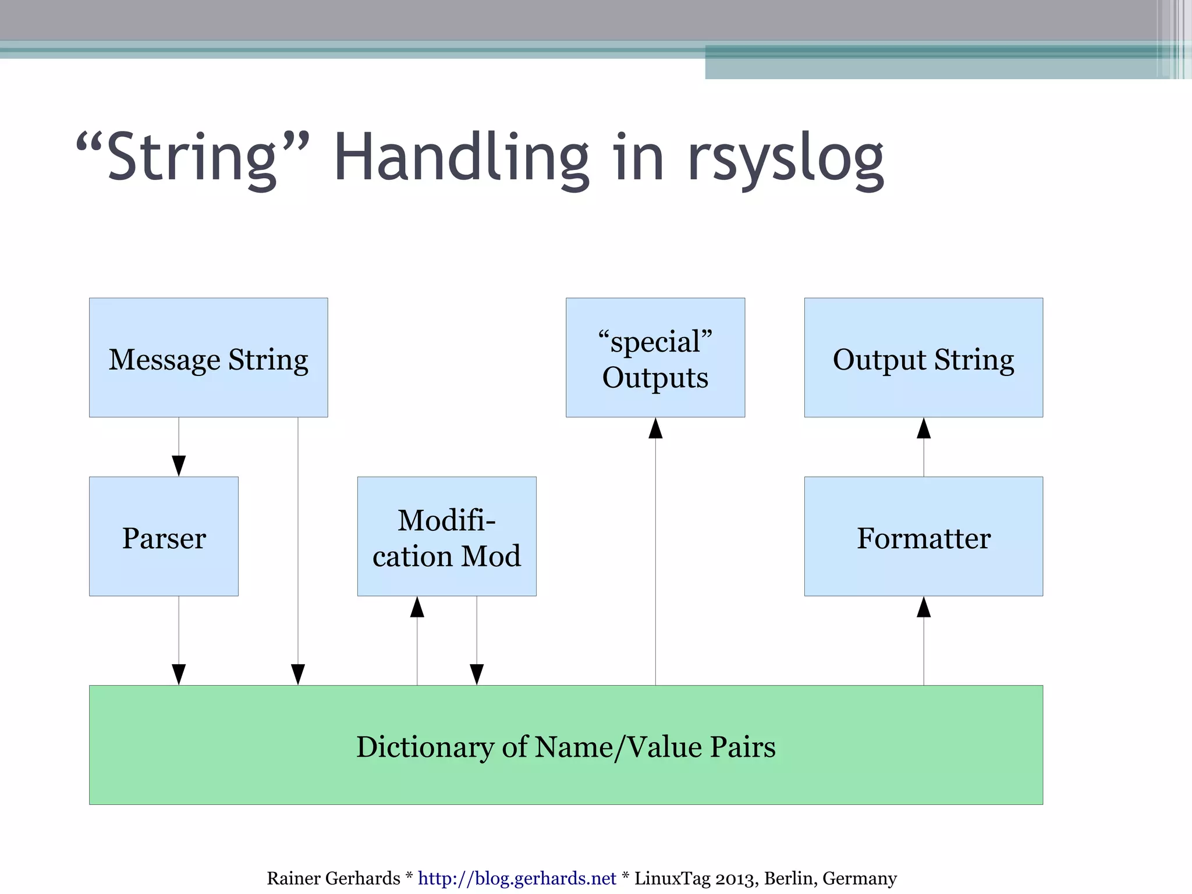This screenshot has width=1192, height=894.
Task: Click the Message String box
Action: pyautogui.click(x=208, y=357)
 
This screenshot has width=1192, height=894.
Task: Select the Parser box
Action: pyautogui.click(x=164, y=536)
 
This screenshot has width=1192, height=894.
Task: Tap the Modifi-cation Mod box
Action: pyautogui.click(x=446, y=536)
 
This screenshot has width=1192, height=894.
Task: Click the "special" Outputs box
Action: pyautogui.click(x=655, y=357)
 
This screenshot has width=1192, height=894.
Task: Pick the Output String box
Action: pyautogui.click(x=923, y=357)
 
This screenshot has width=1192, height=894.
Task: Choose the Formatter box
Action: pyautogui.click(x=923, y=536)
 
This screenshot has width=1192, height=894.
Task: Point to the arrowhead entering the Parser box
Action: pyautogui.click(x=179, y=466)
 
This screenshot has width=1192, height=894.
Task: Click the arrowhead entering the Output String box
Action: pyautogui.click(x=924, y=428)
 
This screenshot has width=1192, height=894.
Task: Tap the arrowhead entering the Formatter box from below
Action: pyautogui.click(x=924, y=607)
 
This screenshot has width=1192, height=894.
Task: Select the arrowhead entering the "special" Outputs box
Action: pyautogui.click(x=655, y=428)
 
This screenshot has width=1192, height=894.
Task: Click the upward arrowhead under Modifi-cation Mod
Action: pyautogui.click(x=417, y=607)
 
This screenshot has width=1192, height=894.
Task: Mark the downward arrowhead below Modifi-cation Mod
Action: pyautogui.click(x=477, y=674)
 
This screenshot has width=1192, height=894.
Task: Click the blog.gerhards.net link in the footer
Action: pyautogui.click(x=517, y=878)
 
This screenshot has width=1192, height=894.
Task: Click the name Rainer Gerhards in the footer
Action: pyautogui.click(x=333, y=878)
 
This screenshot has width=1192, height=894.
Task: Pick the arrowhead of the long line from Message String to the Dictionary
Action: pyautogui.click(x=298, y=674)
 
